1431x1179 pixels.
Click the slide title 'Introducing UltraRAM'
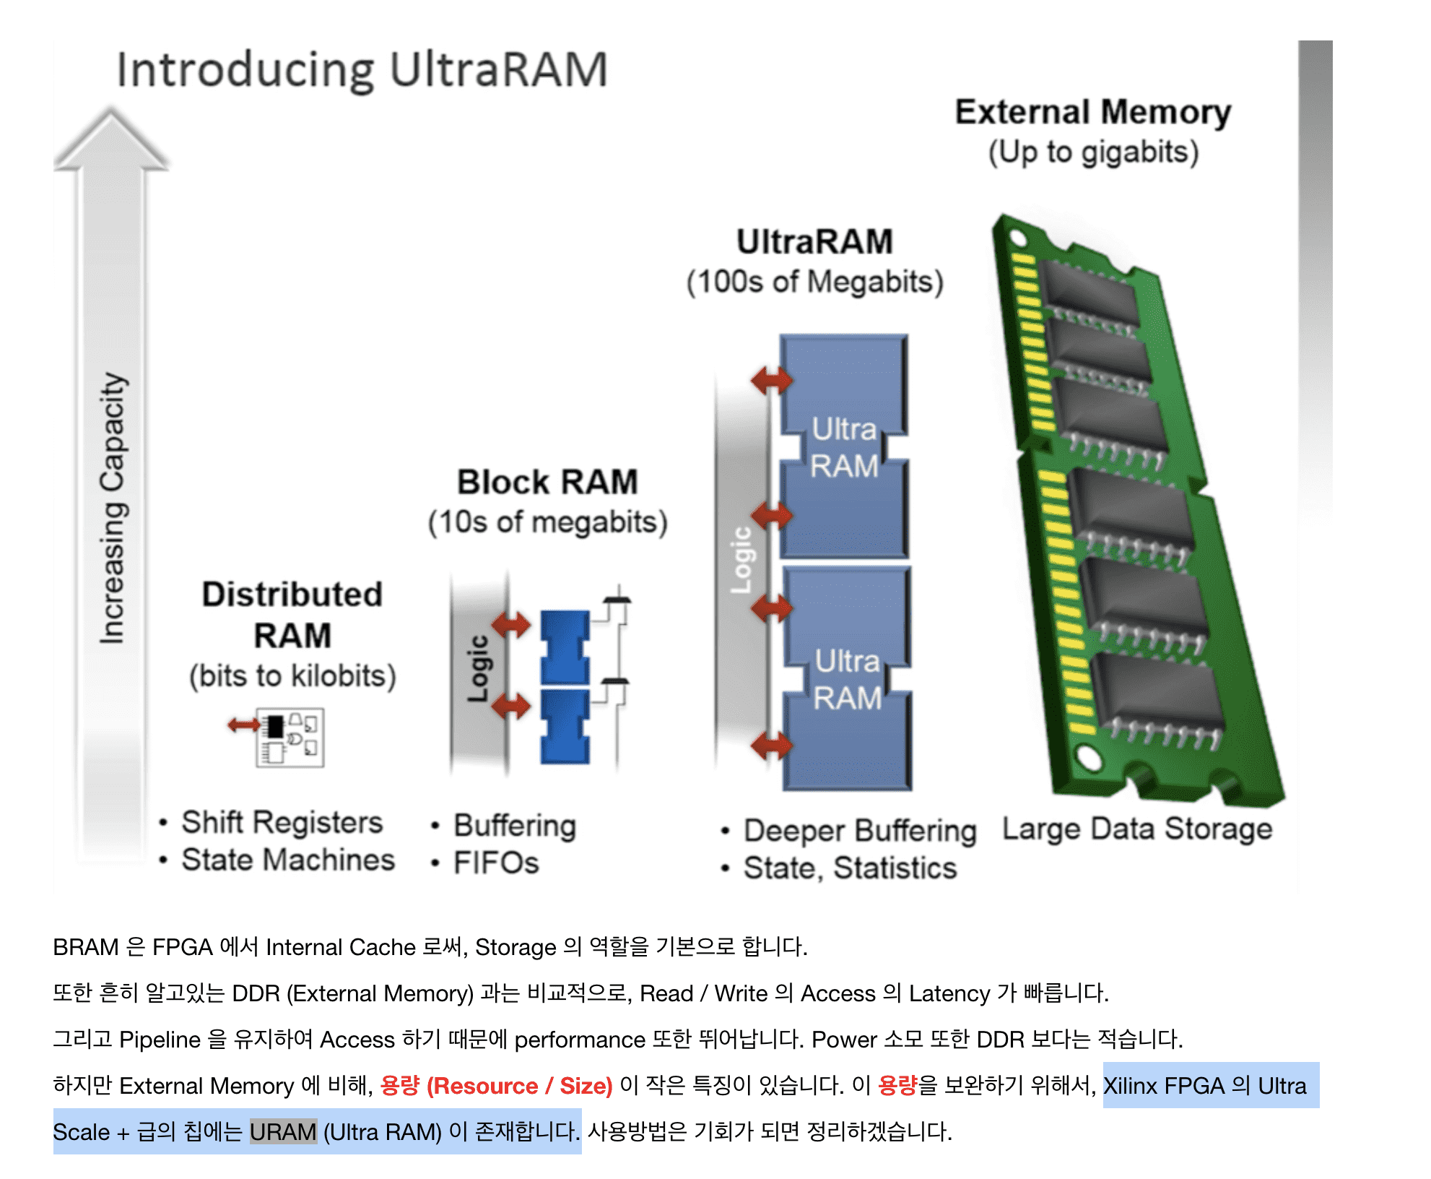(362, 70)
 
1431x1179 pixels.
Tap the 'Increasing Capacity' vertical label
(113, 508)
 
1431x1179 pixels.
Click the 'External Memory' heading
(1092, 113)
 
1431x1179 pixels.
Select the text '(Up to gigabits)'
(1093, 152)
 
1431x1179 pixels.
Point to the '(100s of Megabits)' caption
(814, 282)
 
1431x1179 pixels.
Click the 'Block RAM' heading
(547, 482)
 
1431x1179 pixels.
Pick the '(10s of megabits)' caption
(547, 522)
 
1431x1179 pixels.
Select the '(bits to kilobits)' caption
(292, 676)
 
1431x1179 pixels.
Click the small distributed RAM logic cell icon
(290, 738)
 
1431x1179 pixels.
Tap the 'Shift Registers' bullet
(282, 822)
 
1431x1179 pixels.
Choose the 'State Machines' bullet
(288, 860)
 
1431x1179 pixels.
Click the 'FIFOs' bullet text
(496, 863)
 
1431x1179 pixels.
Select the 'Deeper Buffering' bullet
(860, 831)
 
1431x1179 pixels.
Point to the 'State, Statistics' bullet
(850, 868)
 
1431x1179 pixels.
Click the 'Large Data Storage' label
(1137, 829)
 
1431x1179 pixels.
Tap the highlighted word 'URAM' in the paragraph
(283, 1131)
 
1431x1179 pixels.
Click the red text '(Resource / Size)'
(519, 1085)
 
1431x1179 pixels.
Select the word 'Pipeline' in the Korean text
(160, 1039)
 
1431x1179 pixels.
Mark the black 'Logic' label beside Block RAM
(477, 668)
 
